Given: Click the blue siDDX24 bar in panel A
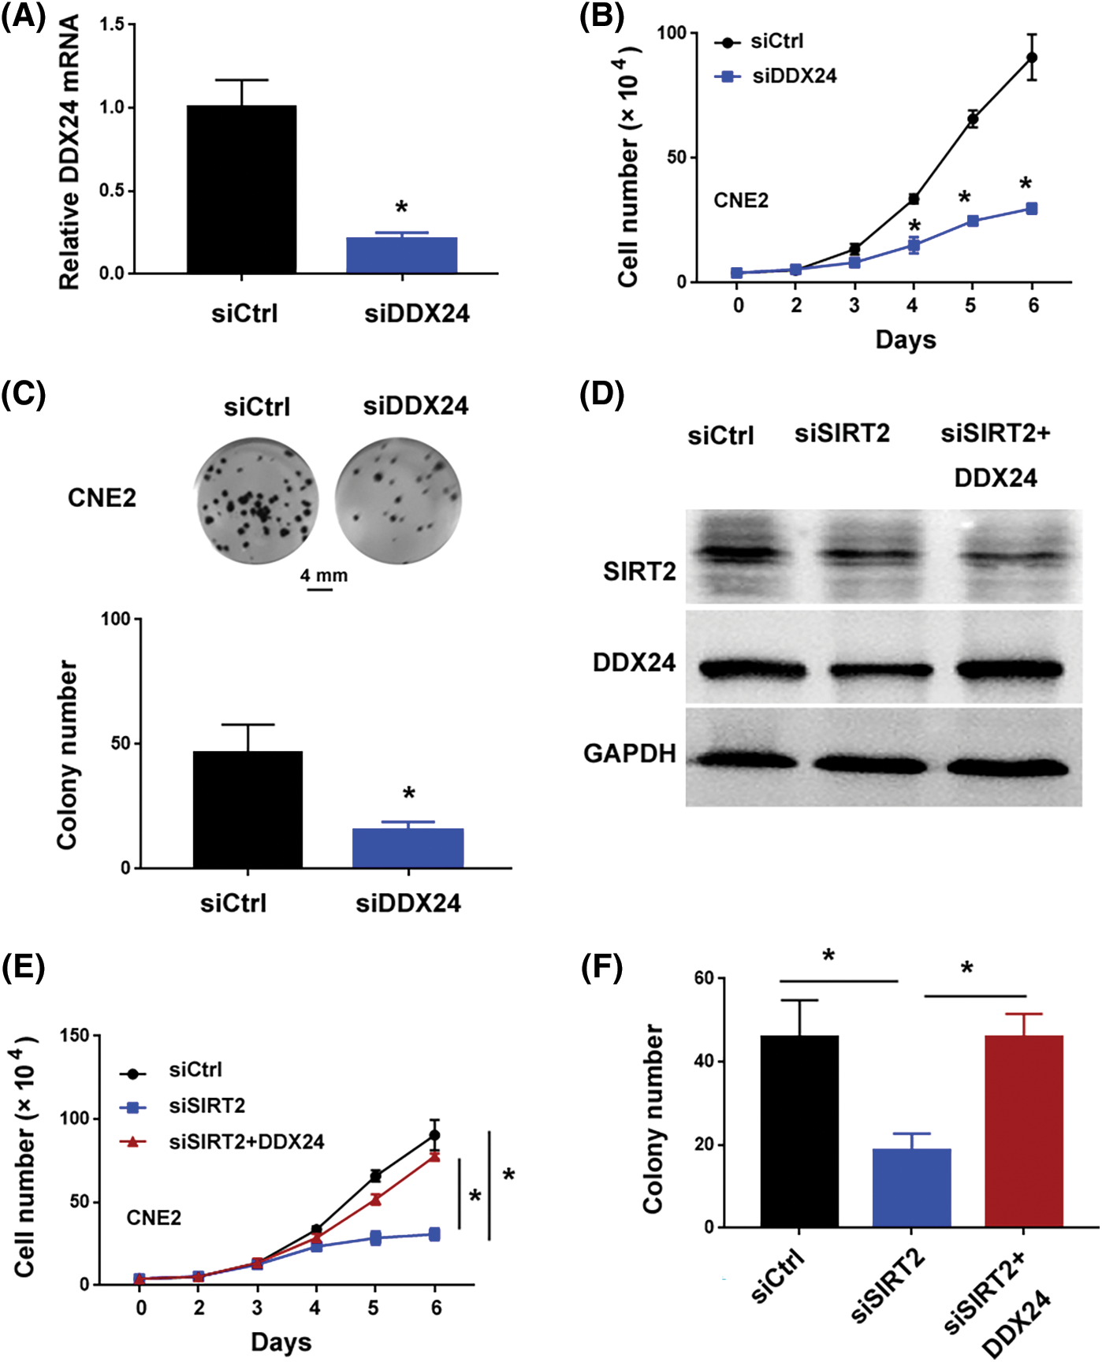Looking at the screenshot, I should click(401, 255).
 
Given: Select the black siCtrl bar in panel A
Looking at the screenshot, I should click(241, 189).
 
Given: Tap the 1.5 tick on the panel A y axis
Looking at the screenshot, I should click(113, 24).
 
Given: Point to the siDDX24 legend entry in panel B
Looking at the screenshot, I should click(794, 76).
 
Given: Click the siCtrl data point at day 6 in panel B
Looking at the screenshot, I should click(1031, 58).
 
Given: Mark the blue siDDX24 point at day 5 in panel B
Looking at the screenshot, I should click(973, 221).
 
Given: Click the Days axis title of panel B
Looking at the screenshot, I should click(906, 340).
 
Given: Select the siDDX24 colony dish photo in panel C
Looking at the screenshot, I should click(398, 500).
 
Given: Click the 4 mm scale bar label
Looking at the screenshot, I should click(323, 575).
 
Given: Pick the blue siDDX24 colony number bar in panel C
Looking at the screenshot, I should click(408, 848).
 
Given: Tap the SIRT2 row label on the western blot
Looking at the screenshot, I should click(639, 571).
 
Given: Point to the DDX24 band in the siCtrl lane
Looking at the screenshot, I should click(752, 669).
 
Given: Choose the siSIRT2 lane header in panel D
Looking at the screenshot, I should click(842, 434).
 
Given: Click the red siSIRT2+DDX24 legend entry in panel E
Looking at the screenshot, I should click(246, 1142).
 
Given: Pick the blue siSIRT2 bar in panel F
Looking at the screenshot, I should click(911, 1188).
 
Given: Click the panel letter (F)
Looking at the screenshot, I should click(601, 967).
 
